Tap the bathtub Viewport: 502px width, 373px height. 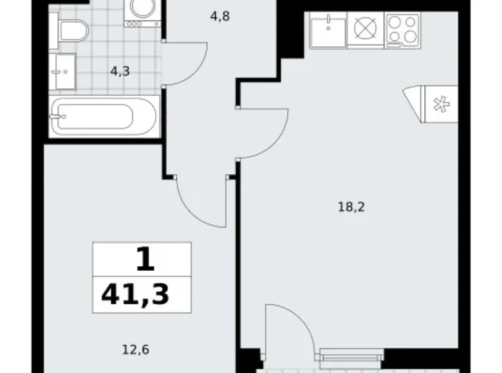(103, 116)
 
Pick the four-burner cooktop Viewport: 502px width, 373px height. (403, 30)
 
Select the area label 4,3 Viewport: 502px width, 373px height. (120, 71)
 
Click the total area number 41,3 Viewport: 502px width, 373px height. (135, 295)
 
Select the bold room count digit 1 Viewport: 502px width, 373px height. (145, 259)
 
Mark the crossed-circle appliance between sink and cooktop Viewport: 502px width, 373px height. (365, 30)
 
